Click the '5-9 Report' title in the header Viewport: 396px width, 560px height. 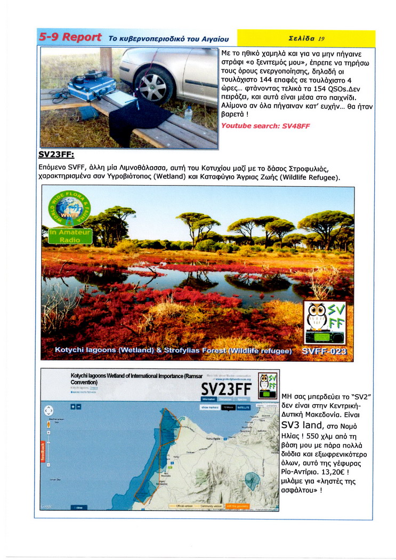click(70, 37)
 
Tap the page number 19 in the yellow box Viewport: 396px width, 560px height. click(321, 38)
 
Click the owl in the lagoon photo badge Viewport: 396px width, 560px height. click(317, 317)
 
